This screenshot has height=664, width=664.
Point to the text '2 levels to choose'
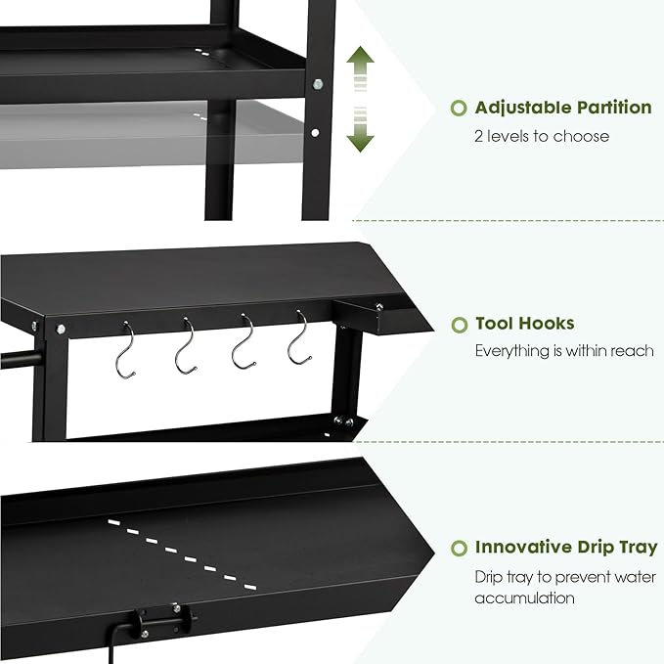click(542, 136)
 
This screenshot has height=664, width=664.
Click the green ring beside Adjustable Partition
click(458, 109)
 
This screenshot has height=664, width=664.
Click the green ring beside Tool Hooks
click(458, 324)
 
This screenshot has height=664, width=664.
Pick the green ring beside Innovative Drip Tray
click(458, 548)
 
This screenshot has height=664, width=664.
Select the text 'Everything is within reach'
click(564, 350)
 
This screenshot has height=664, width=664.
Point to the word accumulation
click(524, 598)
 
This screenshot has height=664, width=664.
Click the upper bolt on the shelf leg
click(316, 86)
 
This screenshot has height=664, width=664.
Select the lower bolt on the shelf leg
click(314, 132)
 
